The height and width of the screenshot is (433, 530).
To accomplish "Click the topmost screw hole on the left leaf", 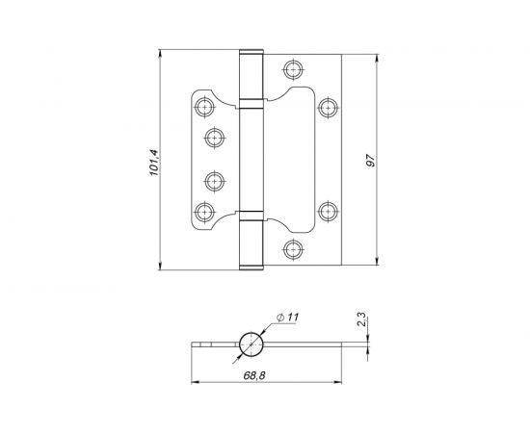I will pos(204,104).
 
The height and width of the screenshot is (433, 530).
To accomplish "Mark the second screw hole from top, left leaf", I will pos(215,137).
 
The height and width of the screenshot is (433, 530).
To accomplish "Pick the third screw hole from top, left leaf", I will pos(215,179).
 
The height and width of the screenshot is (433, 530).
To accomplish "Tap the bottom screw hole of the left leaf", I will pos(204,212).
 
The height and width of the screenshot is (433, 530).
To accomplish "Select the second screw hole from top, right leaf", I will pos(327,106).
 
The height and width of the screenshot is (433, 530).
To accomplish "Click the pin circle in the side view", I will pos(251,344).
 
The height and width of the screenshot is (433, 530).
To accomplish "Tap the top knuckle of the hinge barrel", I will pos(250,75).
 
